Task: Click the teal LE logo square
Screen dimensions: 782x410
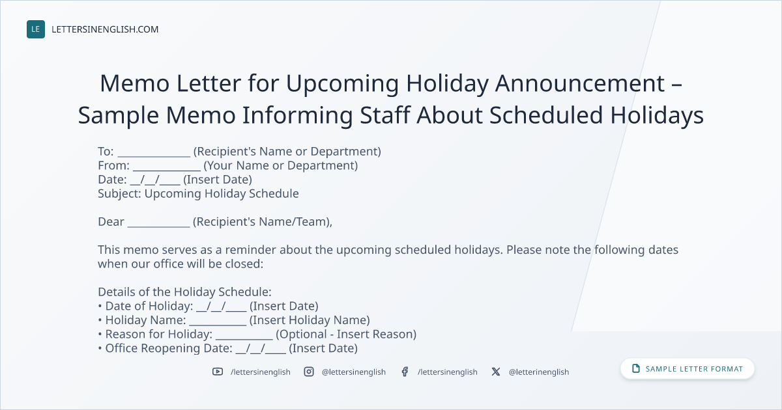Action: pyautogui.click(x=36, y=29)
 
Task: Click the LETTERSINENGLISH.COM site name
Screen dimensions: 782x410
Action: pyautogui.click(x=105, y=29)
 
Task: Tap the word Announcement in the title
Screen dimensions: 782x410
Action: pyautogui.click(x=580, y=83)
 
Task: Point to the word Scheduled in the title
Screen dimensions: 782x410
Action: pyautogui.click(x=545, y=115)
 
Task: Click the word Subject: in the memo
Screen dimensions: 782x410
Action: pyautogui.click(x=119, y=194)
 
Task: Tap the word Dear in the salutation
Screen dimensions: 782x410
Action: pyautogui.click(x=111, y=222)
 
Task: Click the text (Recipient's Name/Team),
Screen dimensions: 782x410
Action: pyautogui.click(x=263, y=222)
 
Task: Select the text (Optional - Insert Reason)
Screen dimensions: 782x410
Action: pyautogui.click(x=346, y=334)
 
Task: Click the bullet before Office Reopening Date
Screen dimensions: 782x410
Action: pyautogui.click(x=100, y=348)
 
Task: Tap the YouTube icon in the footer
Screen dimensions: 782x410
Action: pyautogui.click(x=218, y=372)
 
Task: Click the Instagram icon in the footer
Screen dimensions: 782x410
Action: pyautogui.click(x=309, y=372)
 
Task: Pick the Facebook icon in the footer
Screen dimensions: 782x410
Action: pyautogui.click(x=405, y=372)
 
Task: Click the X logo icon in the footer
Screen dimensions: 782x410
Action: pyautogui.click(x=496, y=372)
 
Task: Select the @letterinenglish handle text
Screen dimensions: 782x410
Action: pyautogui.click(x=539, y=372)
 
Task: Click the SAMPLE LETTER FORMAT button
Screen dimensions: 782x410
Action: pyautogui.click(x=688, y=369)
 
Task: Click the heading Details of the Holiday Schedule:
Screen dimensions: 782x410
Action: pyautogui.click(x=184, y=292)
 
